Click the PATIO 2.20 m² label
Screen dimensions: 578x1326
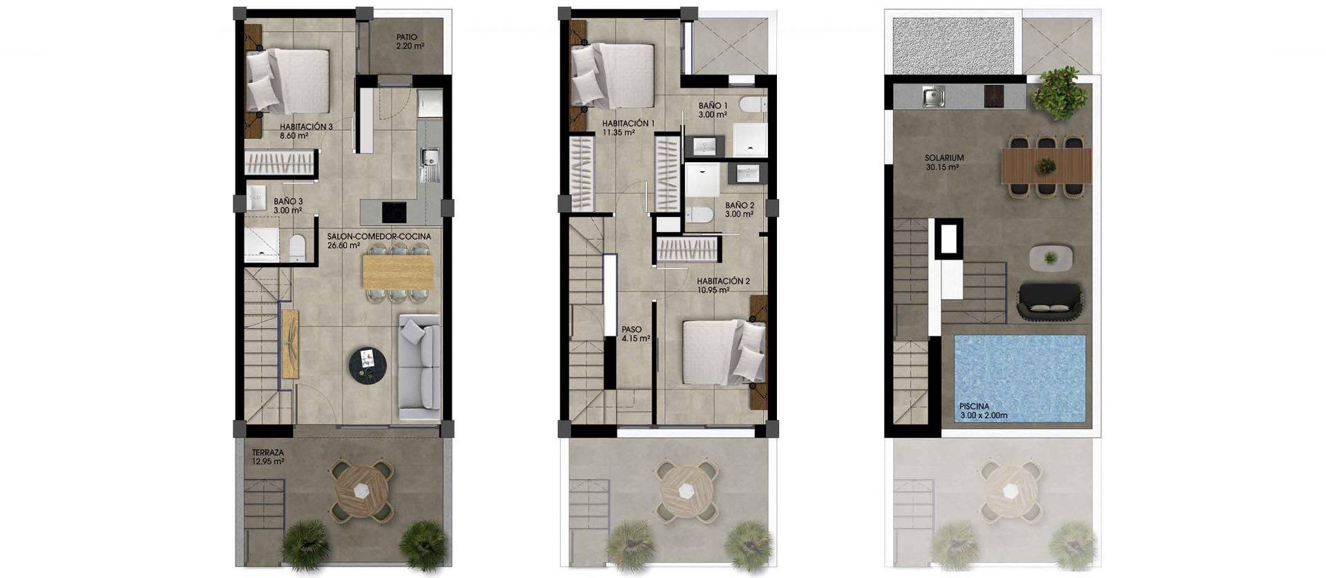(410, 42)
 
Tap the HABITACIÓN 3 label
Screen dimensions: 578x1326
(306, 131)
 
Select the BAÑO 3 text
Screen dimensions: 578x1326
(288, 206)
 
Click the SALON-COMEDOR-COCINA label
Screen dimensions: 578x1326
(378, 240)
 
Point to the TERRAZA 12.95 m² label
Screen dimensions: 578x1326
(268, 457)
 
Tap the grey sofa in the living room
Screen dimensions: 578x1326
(419, 366)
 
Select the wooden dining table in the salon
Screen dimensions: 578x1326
(398, 271)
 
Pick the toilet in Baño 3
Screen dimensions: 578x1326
(297, 247)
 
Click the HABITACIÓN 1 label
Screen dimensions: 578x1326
(628, 127)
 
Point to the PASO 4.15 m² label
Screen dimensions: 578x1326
(635, 334)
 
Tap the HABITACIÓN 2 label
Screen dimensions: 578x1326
(722, 285)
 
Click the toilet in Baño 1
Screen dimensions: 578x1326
(752, 106)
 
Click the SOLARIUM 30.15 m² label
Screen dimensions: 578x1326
(944, 162)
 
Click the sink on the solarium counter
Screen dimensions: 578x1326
(933, 96)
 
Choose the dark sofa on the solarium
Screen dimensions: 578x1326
(1049, 302)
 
